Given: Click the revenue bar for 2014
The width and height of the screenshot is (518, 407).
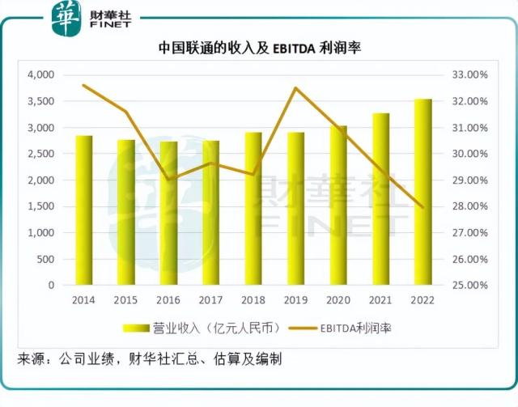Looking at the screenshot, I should pyautogui.click(x=84, y=210).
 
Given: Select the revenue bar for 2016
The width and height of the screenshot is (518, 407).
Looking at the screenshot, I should pyautogui.click(x=168, y=214).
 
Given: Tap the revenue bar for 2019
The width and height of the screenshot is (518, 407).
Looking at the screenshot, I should pyautogui.click(x=295, y=209).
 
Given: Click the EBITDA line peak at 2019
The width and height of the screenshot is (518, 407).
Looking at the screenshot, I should pyautogui.click(x=295, y=88).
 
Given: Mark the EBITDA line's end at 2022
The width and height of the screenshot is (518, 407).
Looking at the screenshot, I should pyautogui.click(x=422, y=207).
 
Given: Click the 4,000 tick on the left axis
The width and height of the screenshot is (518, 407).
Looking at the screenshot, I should pyautogui.click(x=40, y=74).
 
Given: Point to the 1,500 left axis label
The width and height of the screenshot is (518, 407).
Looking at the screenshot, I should pyautogui.click(x=40, y=206).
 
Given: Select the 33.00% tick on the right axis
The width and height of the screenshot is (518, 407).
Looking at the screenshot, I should pyautogui.click(x=465, y=74).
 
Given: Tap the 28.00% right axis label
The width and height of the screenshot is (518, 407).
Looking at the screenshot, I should pyautogui.click(x=465, y=206).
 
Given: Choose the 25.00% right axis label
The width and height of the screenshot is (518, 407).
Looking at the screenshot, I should pyautogui.click(x=465, y=286).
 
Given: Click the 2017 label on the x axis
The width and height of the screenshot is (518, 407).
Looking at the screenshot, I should pyautogui.click(x=211, y=300).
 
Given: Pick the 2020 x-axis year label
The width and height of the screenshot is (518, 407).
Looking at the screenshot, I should pyautogui.click(x=338, y=300).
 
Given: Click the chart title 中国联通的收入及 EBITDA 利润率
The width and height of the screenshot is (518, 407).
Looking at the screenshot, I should pyautogui.click(x=259, y=49).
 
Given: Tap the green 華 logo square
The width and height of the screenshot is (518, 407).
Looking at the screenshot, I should pyautogui.click(x=66, y=18).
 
